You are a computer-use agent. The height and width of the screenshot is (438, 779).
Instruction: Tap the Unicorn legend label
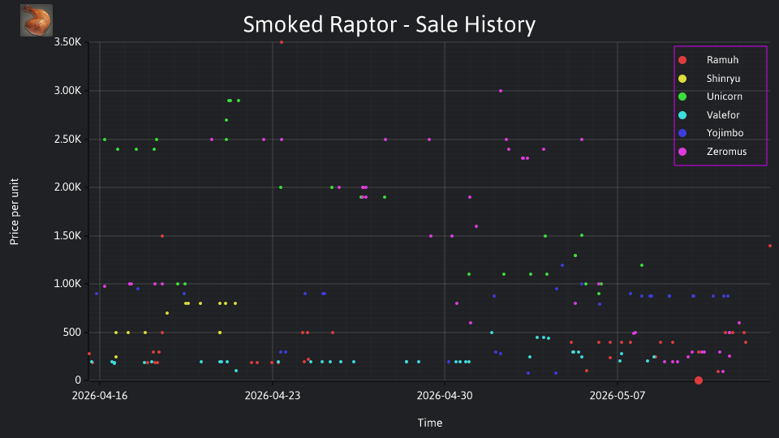725,97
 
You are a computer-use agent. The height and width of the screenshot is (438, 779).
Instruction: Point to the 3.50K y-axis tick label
67,41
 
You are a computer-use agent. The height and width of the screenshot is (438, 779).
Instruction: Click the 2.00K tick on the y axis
67,187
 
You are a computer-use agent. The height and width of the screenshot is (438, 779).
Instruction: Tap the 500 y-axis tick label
72,333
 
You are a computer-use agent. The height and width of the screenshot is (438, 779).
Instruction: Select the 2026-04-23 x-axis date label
273,396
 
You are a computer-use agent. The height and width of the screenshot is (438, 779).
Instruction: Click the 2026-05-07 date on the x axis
618,396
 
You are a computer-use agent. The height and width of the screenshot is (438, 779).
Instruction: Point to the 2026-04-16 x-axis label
100,396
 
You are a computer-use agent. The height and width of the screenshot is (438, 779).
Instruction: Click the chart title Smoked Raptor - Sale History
389,24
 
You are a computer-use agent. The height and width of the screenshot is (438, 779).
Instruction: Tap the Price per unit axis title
15,212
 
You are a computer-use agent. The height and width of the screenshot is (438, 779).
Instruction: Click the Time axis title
430,423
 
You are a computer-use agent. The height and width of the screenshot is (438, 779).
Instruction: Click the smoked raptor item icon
37,20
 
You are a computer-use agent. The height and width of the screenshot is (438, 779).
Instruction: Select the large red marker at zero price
699,380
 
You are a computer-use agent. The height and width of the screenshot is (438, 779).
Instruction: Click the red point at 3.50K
282,42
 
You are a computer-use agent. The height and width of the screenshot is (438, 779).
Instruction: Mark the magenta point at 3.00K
501,91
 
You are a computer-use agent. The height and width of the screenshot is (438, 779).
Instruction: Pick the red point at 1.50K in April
162,236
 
